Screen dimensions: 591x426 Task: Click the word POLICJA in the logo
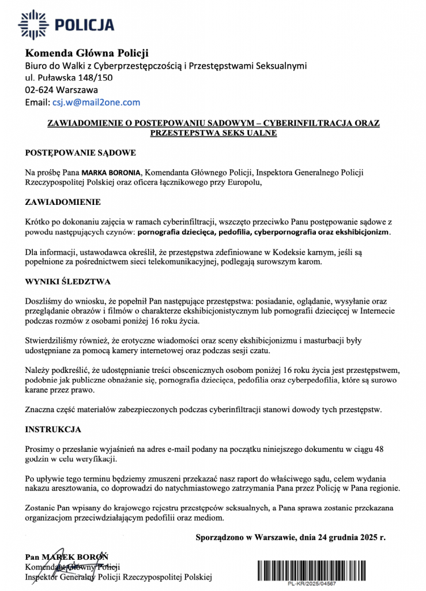[84, 25]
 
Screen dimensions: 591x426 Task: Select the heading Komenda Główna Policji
[86, 54]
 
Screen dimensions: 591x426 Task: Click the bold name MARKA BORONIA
[112, 172]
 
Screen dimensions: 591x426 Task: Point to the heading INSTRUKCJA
[53, 429]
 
